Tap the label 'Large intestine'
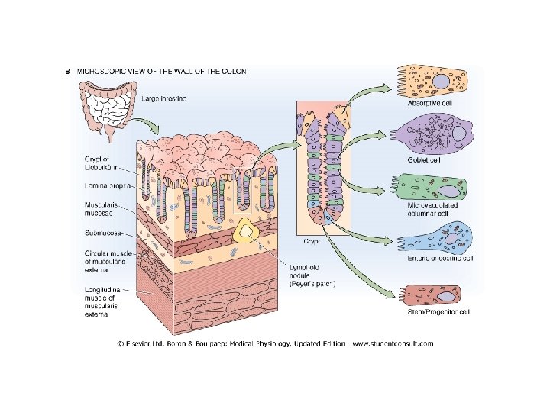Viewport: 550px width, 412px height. coord(163,99)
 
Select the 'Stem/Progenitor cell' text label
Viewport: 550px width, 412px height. coord(440,313)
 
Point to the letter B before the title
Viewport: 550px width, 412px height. coord(67,71)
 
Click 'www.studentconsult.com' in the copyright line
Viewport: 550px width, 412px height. coord(393,343)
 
